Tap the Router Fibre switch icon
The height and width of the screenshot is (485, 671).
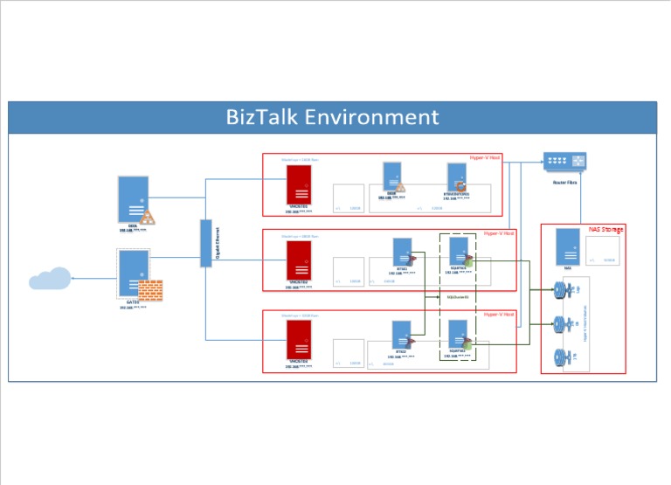tap(565, 162)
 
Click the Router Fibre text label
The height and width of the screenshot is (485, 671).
tap(565, 182)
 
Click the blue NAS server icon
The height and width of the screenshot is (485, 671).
tap(567, 246)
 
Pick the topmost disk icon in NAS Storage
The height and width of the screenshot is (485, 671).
tap(560, 289)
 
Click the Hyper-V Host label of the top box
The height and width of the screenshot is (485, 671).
tap(483, 158)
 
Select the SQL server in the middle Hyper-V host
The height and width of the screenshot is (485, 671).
tap(458, 253)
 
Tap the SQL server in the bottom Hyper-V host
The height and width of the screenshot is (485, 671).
tap(458, 334)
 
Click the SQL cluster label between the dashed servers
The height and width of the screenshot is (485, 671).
tap(458, 297)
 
